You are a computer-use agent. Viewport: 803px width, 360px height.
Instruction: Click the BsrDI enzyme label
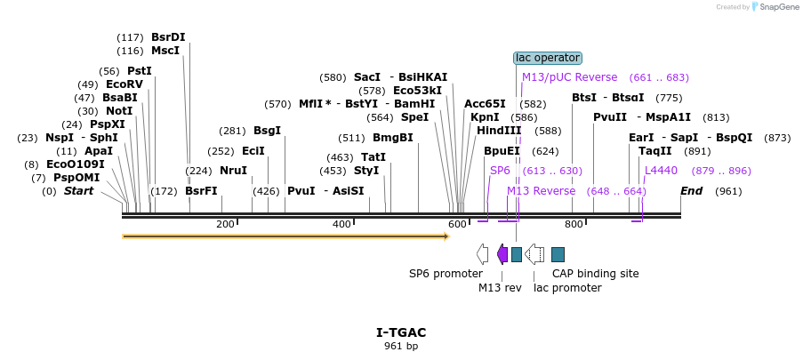[x=168, y=36]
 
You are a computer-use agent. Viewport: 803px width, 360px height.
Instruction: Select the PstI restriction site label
[x=140, y=71]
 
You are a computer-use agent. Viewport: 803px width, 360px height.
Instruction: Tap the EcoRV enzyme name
[x=124, y=84]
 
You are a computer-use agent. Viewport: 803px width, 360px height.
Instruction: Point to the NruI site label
[x=234, y=171]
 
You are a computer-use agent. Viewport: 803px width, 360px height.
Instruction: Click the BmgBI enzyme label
[x=393, y=138]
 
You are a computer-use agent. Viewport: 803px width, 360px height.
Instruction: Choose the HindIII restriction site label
[x=499, y=131]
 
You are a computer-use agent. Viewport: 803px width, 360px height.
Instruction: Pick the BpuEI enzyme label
[x=502, y=151]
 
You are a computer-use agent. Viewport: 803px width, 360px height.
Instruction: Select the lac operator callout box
[x=548, y=58]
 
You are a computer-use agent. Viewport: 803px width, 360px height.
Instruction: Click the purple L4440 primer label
[x=661, y=171]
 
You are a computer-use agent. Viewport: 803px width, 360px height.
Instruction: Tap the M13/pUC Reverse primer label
[x=569, y=77]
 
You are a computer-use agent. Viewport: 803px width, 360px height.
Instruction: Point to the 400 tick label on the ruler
[x=341, y=224]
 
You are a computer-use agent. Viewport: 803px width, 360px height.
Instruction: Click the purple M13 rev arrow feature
[x=502, y=254]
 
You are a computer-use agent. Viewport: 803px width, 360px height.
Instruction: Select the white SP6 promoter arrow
[x=482, y=254]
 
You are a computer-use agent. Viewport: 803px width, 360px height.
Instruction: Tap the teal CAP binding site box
[x=558, y=254]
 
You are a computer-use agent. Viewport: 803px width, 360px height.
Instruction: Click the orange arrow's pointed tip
[x=450, y=236]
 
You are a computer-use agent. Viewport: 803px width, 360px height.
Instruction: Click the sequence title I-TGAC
[x=401, y=332]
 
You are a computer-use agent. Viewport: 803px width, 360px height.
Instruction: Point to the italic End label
[x=691, y=191]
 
